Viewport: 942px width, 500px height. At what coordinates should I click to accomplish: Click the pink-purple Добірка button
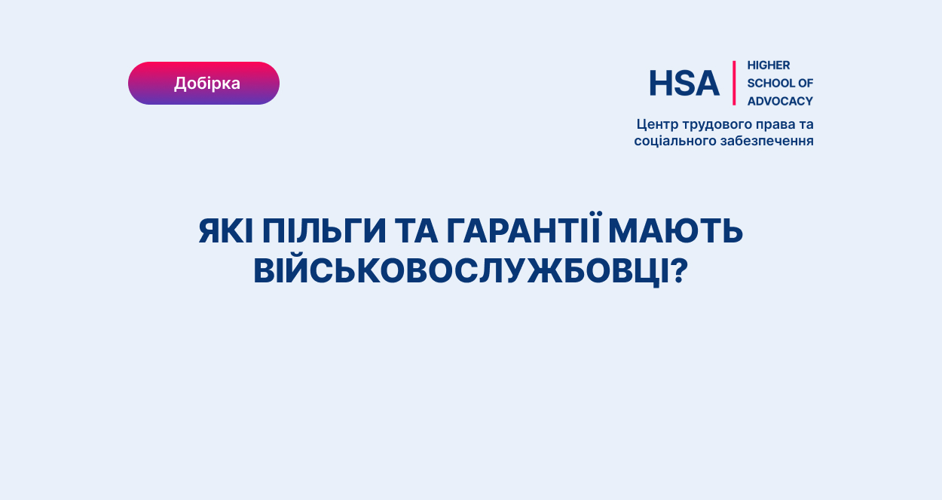click(203, 83)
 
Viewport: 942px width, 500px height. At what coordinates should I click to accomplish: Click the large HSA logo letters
click(684, 84)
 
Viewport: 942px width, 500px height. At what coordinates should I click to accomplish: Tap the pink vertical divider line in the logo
click(734, 83)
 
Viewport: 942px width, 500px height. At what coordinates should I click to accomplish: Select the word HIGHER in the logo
click(769, 66)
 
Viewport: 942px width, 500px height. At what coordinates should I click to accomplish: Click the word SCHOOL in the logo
click(770, 83)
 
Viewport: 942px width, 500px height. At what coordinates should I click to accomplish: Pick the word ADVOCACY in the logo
click(780, 101)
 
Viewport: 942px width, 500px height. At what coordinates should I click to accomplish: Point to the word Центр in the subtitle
click(657, 125)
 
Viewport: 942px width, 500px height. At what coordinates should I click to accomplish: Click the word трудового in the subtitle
click(717, 125)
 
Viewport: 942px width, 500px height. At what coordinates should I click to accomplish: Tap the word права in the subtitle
click(775, 125)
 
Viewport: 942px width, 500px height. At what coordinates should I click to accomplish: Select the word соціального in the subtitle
click(675, 141)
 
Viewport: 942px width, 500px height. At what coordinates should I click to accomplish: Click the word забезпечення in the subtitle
click(767, 141)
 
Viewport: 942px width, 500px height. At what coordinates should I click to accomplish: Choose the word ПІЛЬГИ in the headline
click(324, 230)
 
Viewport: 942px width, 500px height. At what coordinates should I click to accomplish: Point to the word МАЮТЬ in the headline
click(676, 230)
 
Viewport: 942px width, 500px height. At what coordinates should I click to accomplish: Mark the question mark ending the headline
click(678, 270)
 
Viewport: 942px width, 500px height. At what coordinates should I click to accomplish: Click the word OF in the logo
click(806, 83)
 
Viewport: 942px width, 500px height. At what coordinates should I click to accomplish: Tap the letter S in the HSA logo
click(684, 84)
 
